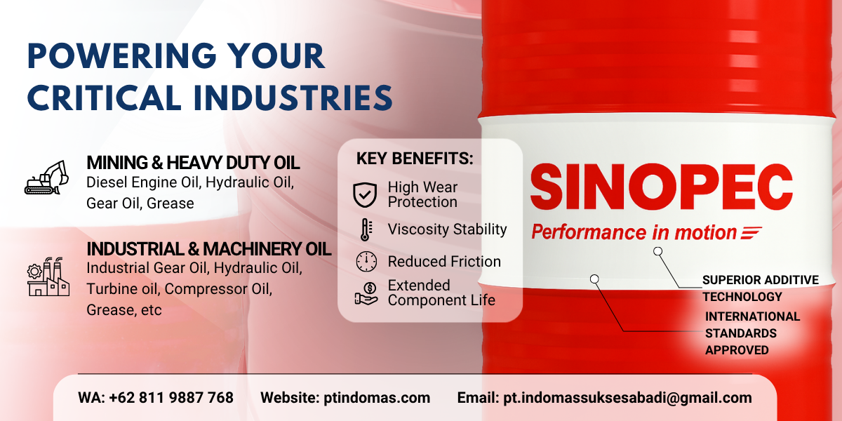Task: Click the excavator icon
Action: click(46, 178)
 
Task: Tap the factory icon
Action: click(48, 276)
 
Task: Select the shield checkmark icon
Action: click(365, 195)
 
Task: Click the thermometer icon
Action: click(366, 229)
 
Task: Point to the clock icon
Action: click(366, 262)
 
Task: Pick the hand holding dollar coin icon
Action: click(366, 293)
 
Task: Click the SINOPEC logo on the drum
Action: click(661, 187)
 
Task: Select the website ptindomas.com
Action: click(377, 398)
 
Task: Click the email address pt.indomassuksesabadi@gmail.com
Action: click(627, 398)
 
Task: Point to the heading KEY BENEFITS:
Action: click(415, 159)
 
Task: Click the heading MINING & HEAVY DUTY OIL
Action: click(193, 163)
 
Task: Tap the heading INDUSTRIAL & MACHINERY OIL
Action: click(209, 249)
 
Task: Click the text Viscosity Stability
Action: click(448, 229)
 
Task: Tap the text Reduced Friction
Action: click(444, 262)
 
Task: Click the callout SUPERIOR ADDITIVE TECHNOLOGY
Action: click(760, 288)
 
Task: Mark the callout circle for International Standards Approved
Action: click(594, 279)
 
